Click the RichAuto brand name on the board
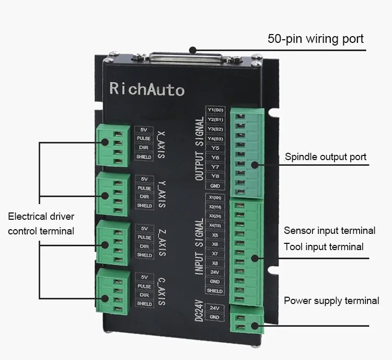click(147, 89)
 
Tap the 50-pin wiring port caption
click(316, 39)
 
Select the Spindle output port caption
click(326, 156)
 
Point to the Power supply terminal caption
click(331, 300)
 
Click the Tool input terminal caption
click(324, 246)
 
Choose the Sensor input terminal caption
click(329, 230)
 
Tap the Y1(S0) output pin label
click(215, 110)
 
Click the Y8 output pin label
click(215, 176)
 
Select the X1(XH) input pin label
click(215, 198)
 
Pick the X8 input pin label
click(215, 263)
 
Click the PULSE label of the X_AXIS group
click(144, 138)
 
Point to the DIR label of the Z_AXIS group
click(144, 246)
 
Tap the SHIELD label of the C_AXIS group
click(144, 303)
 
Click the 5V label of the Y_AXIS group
click(144, 178)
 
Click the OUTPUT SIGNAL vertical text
click(199, 149)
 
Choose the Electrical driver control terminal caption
click(41, 223)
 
